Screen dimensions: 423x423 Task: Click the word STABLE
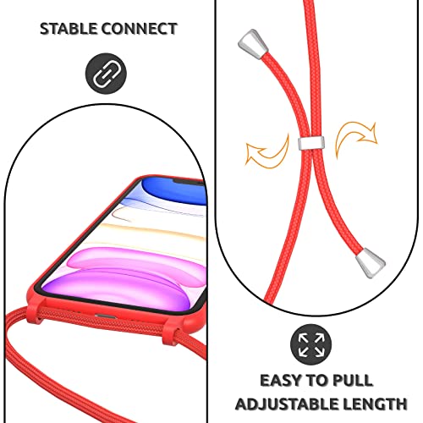coord(69,29)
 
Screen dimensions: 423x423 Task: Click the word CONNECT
coord(140,29)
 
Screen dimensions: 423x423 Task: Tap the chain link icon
coord(106,74)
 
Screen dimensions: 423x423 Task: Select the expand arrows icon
coord(311,344)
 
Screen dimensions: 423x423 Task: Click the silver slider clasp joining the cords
coord(311,143)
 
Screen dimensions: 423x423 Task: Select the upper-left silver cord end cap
coord(252,44)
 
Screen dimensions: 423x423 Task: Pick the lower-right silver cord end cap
coord(371,263)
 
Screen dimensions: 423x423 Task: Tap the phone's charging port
coord(106,316)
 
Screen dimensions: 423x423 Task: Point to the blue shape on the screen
coord(175,190)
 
